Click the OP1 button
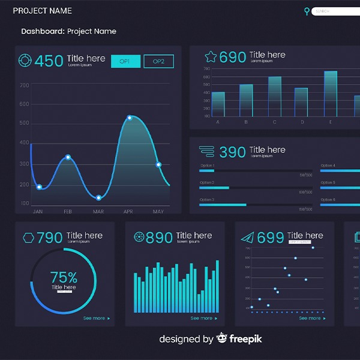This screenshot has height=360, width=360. pyautogui.click(x=126, y=61)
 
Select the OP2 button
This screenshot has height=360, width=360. pyautogui.click(x=158, y=61)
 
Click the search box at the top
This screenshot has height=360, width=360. pyautogui.click(x=335, y=11)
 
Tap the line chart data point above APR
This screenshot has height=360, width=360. pyautogui.click(x=130, y=118)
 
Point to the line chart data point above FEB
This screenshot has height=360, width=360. pyautogui.click(x=68, y=157)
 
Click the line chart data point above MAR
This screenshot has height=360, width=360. pyautogui.click(x=98, y=198)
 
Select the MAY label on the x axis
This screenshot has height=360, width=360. pyautogui.click(x=158, y=212)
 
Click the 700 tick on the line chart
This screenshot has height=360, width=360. pyautogui.click(x=25, y=85)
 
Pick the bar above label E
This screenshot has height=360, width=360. pyautogui.click(x=331, y=94)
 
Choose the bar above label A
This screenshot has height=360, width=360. pyautogui.click(x=218, y=104)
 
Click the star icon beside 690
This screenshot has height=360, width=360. pyautogui.click(x=211, y=57)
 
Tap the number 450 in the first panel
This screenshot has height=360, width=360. pyautogui.click(x=49, y=61)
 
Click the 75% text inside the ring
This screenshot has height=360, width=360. pyautogui.click(x=64, y=277)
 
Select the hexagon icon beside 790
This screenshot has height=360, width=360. pyautogui.click(x=28, y=238)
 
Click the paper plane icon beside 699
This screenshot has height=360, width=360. pyautogui.click(x=247, y=238)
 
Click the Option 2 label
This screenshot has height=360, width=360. pyautogui.click(x=207, y=182)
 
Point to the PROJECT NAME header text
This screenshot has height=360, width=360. pyautogui.click(x=43, y=11)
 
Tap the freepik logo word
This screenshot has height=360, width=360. pyautogui.click(x=246, y=339)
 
